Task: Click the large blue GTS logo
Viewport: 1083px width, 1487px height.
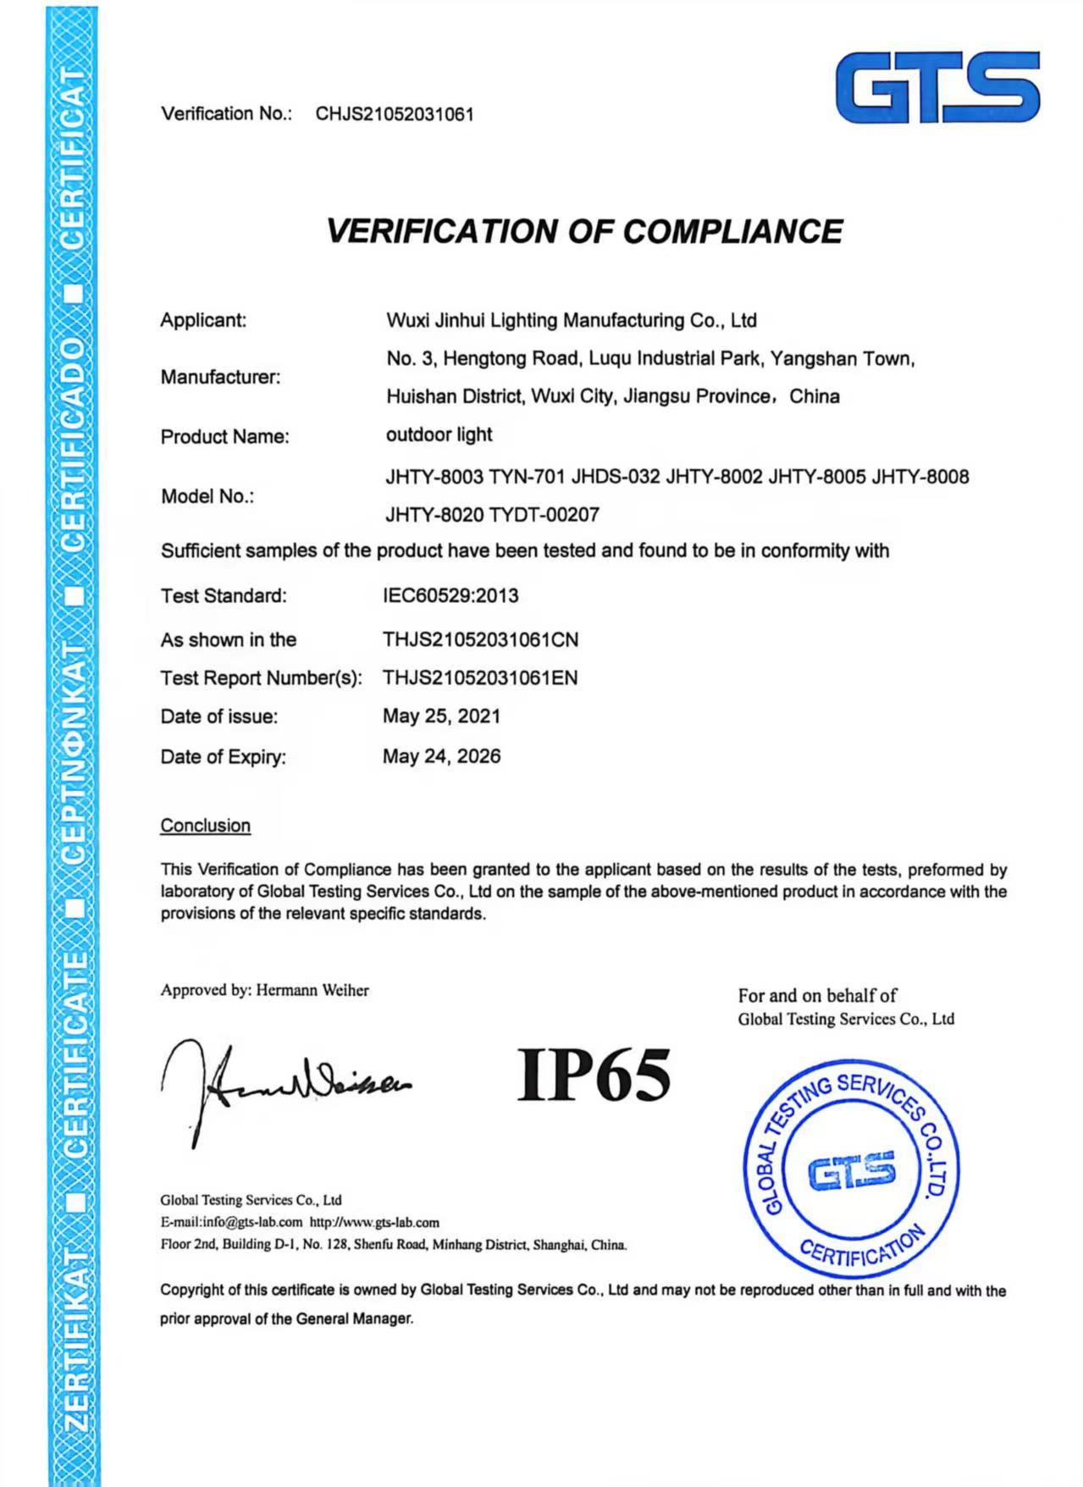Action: [937, 87]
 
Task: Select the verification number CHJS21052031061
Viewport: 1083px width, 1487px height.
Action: [395, 114]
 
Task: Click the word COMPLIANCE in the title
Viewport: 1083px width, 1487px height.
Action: [732, 231]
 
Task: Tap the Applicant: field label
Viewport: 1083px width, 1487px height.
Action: [203, 320]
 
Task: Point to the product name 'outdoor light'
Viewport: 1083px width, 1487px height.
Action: [439, 434]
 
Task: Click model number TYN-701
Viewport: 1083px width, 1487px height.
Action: [526, 477]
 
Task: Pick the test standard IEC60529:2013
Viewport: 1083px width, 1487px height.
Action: [450, 595]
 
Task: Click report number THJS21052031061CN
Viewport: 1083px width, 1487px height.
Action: [480, 639]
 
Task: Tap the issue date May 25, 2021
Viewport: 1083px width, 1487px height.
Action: [441, 716]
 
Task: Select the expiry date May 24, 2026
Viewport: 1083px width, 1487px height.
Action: [441, 756]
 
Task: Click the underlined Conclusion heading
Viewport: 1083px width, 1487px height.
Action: [206, 826]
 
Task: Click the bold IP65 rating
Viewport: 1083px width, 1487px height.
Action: [594, 1075]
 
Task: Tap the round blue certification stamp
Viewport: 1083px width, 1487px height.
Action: [851, 1169]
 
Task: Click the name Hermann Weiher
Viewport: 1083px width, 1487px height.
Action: [312, 990]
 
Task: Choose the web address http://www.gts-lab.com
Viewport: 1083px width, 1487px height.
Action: [374, 1222]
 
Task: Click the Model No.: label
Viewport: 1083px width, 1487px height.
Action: [207, 496]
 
